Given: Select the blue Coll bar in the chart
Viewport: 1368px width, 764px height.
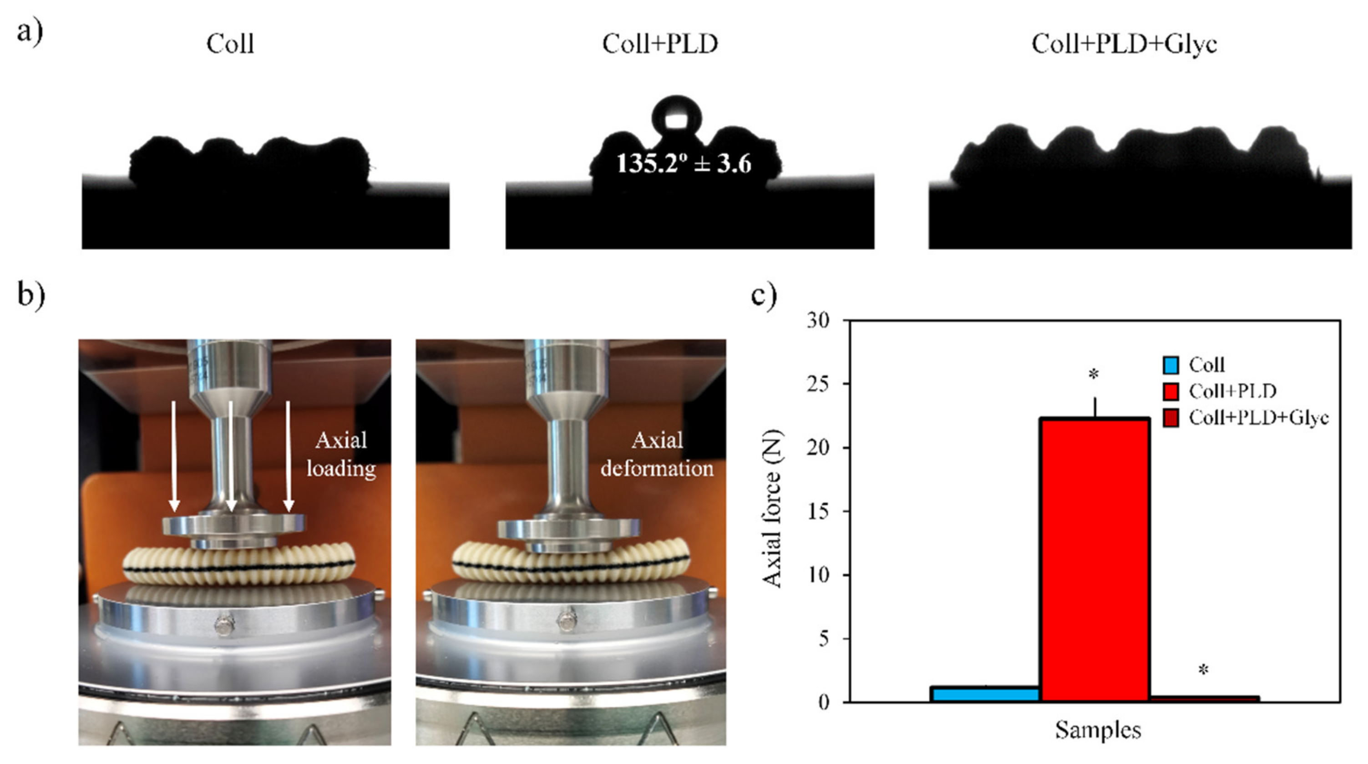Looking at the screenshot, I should pyautogui.click(x=985, y=694).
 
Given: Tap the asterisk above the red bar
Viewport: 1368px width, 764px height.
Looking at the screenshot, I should pyautogui.click(x=1094, y=375).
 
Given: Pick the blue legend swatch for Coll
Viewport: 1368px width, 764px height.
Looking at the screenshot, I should pyautogui.click(x=1170, y=365).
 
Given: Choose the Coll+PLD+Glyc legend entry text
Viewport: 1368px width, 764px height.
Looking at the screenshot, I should pyautogui.click(x=1258, y=418).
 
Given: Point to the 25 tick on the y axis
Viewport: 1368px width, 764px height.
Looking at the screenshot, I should pyautogui.click(x=818, y=384).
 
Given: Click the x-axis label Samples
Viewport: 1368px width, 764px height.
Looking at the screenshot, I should pyautogui.click(x=1098, y=730).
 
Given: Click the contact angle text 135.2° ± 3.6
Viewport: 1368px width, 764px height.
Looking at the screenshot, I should pyautogui.click(x=684, y=163).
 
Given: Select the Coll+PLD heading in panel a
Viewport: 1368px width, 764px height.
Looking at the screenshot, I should pyautogui.click(x=659, y=44).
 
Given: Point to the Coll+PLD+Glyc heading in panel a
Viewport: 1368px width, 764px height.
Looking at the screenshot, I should pyautogui.click(x=1124, y=44).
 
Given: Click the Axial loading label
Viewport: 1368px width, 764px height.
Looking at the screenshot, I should pyautogui.click(x=341, y=455).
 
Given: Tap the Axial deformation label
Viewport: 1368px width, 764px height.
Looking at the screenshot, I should pyautogui.click(x=657, y=455).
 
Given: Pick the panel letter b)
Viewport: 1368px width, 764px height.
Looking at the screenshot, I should pyautogui.click(x=31, y=295).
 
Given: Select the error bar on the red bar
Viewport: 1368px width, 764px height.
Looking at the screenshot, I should pyautogui.click(x=1095, y=407).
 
